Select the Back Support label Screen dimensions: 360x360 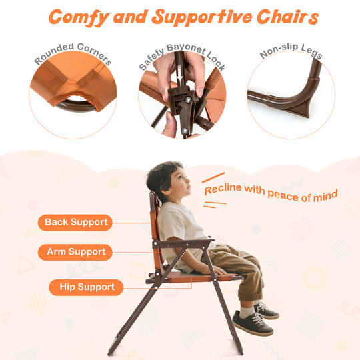(75, 222)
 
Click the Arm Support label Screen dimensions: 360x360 (75, 252)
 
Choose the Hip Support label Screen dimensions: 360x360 (86, 287)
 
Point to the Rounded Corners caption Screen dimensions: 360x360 (73, 55)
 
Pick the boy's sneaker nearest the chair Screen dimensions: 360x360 (251, 324)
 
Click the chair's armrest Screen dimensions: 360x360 (186, 243)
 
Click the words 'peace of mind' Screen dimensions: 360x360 (303, 195)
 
